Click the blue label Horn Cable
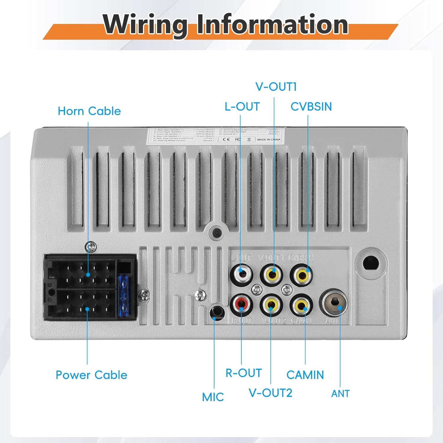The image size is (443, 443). click(x=89, y=111)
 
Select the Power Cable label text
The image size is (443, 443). click(x=91, y=375)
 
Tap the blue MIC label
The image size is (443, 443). click(x=213, y=397)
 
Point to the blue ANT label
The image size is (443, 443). click(x=340, y=394)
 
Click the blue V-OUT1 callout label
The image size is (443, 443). click(x=276, y=87)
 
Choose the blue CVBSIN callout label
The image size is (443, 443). click(x=311, y=107)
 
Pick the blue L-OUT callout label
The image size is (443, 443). click(x=242, y=107)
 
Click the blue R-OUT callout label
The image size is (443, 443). click(x=244, y=373)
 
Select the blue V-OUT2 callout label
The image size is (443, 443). click(x=271, y=393)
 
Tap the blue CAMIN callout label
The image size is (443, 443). click(x=305, y=375)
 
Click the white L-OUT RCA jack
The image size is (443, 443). click(x=242, y=274)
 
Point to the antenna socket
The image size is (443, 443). click(x=334, y=303)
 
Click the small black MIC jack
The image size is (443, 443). click(x=217, y=312)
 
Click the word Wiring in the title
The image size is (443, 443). click(x=145, y=25)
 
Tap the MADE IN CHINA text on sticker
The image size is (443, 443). click(x=268, y=139)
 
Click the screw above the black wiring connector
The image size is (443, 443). click(x=91, y=247)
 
